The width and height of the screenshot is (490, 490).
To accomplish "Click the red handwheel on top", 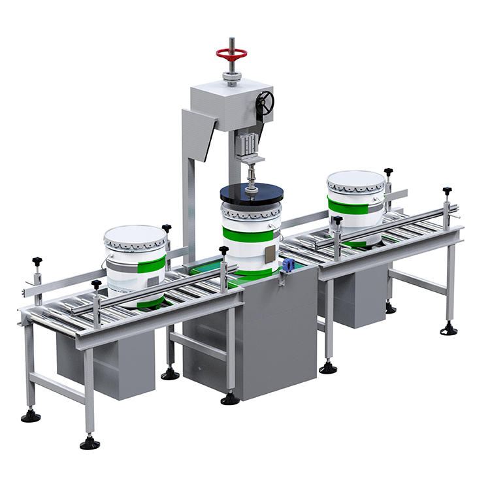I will click(x=232, y=53).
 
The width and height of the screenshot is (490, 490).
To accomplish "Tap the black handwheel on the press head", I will click(x=265, y=102).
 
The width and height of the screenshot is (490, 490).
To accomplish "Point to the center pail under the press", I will click(x=252, y=235).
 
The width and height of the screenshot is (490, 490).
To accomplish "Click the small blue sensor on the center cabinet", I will click(x=286, y=265).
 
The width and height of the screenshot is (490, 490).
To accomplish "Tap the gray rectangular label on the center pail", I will click(x=270, y=255).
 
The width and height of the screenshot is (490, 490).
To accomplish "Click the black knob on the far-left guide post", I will click(x=37, y=261).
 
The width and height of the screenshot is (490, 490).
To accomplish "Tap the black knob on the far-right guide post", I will click(x=447, y=191).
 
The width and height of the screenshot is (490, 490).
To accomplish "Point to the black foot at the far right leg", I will click(x=449, y=330).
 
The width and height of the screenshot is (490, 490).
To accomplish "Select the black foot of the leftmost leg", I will click(x=30, y=416).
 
